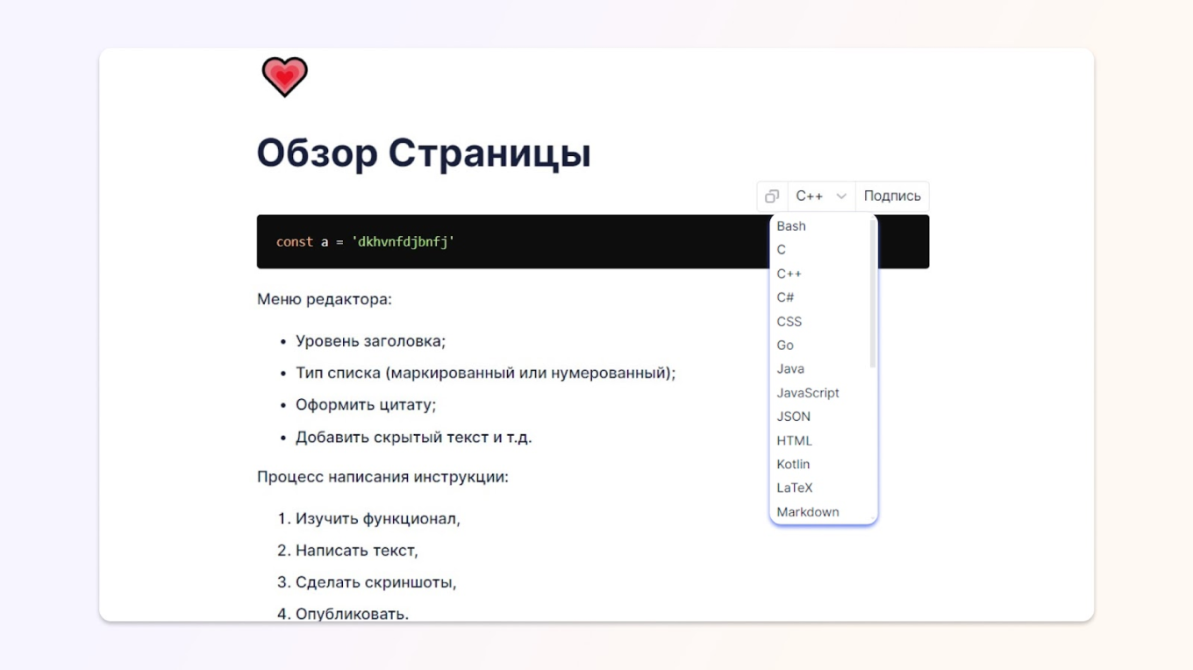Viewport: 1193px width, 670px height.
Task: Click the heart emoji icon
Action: click(285, 76)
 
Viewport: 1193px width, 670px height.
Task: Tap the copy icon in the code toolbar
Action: click(772, 196)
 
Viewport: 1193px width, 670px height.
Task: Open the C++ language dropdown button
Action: click(821, 196)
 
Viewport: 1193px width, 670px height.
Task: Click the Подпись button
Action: click(892, 196)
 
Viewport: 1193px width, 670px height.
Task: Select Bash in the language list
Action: click(791, 226)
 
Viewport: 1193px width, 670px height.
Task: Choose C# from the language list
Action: click(785, 297)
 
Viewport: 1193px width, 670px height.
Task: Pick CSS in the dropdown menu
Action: click(789, 321)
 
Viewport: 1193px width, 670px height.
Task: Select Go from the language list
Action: click(785, 345)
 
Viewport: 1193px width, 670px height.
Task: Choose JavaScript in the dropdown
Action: click(808, 393)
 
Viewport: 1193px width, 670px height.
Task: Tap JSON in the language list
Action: click(794, 417)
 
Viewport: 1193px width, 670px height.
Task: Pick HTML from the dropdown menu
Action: click(795, 440)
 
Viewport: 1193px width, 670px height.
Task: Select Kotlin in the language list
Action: click(793, 464)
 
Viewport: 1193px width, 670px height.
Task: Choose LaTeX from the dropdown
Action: click(795, 488)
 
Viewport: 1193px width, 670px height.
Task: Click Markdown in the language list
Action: click(808, 511)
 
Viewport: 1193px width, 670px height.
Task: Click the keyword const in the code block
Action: click(295, 242)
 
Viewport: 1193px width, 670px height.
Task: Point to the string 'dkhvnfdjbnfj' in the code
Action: click(404, 242)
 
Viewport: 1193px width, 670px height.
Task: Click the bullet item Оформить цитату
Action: click(366, 405)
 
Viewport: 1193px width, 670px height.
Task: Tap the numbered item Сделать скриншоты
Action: click(376, 582)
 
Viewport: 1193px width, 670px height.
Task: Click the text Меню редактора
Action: click(325, 299)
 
